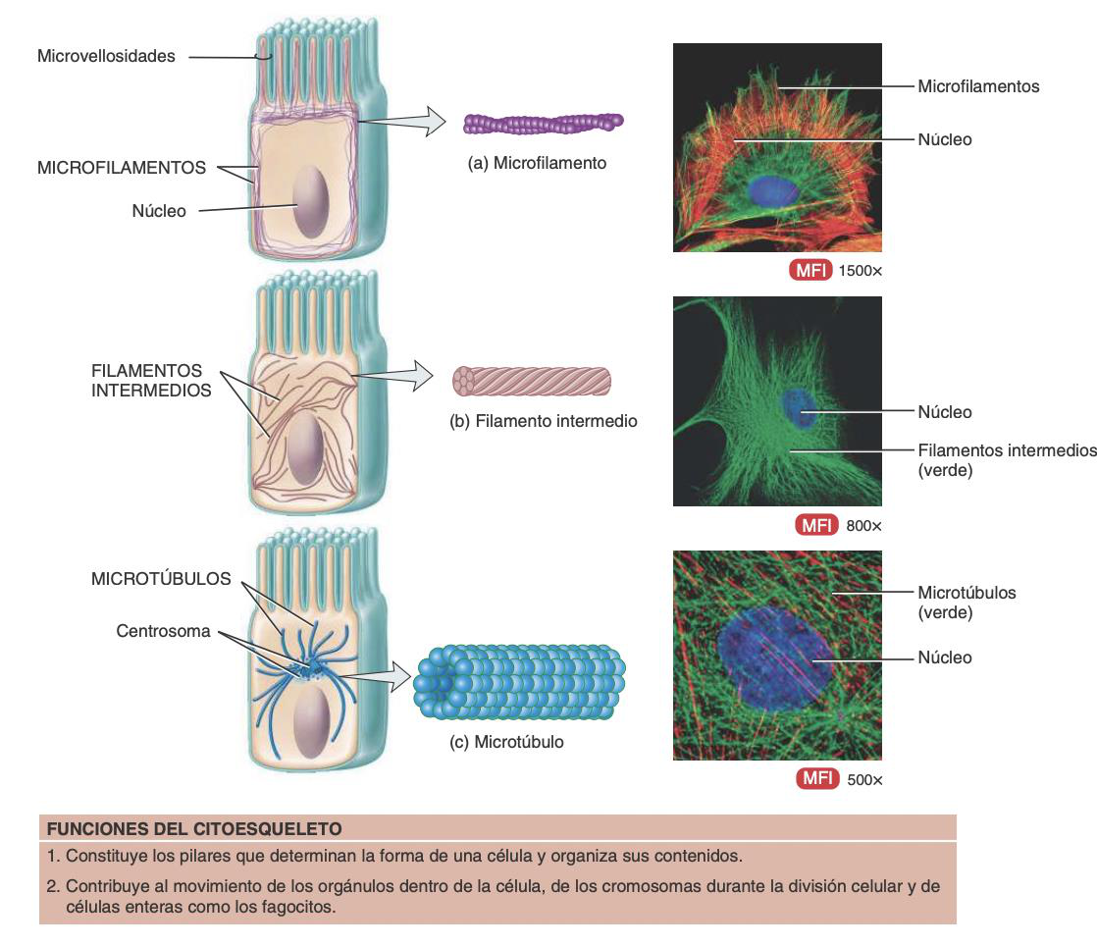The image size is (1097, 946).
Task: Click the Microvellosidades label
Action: click(106, 56)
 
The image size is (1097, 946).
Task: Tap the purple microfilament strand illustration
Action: click(543, 123)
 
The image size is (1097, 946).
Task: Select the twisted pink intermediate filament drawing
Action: click(531, 381)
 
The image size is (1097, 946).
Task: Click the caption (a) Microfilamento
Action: click(537, 163)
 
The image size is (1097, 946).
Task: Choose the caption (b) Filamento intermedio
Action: click(543, 421)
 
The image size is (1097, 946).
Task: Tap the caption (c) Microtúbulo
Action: click(506, 742)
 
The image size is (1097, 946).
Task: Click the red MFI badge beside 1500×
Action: click(810, 270)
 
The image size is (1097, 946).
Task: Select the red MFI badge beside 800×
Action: click(816, 525)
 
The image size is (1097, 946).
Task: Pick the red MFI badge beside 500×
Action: click(816, 780)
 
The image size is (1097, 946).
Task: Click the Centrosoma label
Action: click(163, 631)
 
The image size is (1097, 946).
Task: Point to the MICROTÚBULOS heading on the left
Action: click(161, 579)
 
